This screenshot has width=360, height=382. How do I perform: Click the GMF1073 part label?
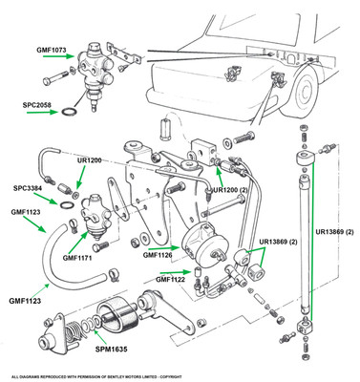(x=51, y=50)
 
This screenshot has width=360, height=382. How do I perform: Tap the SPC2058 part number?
(x=36, y=105)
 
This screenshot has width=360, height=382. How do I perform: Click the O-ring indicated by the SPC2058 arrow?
(x=69, y=112)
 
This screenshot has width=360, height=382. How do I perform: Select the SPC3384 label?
(x=28, y=188)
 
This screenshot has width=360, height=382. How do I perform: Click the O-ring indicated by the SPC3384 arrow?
(x=67, y=205)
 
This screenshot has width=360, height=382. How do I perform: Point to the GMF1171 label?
(x=77, y=258)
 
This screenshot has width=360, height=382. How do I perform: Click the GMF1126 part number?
(x=158, y=255)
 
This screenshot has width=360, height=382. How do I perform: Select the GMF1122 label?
(x=170, y=279)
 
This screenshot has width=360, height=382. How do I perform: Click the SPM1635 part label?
(x=112, y=350)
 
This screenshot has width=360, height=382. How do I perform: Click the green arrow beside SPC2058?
(x=43, y=112)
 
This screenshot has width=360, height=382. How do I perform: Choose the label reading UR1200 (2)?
(x=230, y=190)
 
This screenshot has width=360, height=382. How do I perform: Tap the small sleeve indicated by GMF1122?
(x=196, y=272)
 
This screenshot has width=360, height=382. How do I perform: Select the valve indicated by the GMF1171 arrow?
(x=95, y=217)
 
